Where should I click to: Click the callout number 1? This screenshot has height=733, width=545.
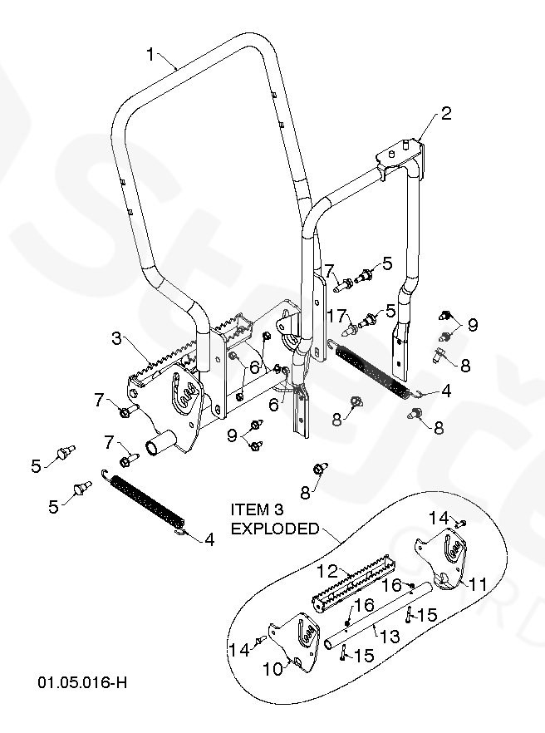coord(150,55)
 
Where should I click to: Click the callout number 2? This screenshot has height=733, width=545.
coord(446,113)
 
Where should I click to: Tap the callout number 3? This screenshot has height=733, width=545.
coord(117,337)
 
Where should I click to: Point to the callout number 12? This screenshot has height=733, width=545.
coord(327,571)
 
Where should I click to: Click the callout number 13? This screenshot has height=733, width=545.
coord(390,636)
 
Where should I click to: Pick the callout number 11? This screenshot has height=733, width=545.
coord(478,584)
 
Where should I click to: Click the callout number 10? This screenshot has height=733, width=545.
coord(273,669)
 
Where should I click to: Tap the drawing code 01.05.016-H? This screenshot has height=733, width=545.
coord(82,682)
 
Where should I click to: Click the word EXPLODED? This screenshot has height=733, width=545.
coord(275,529)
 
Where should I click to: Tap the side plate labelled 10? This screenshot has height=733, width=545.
coord(294,642)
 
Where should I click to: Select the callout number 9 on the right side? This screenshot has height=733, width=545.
coord(473,324)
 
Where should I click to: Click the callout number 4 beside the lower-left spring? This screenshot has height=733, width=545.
coord(209,539)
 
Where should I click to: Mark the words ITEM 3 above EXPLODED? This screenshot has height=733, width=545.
coord(257,509)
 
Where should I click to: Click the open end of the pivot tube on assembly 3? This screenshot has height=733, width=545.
coord(152,447)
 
